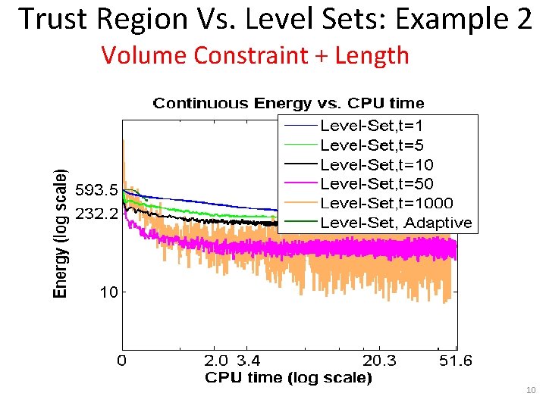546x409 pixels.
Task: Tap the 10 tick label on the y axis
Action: point(108,292)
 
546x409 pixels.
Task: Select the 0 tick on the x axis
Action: point(121,361)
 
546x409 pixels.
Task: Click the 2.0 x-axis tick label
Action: point(217,361)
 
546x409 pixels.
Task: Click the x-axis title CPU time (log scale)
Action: point(289,377)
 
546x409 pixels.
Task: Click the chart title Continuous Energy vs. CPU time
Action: point(288,103)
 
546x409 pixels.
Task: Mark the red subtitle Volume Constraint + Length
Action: point(255,55)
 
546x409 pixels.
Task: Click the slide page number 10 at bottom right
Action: point(531,390)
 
